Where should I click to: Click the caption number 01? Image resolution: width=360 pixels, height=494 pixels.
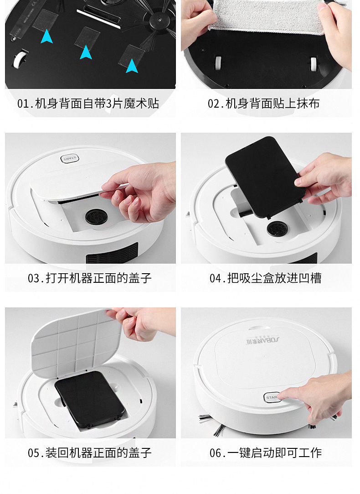click(x=23, y=104)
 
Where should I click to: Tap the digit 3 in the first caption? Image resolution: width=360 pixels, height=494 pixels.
click(x=108, y=104)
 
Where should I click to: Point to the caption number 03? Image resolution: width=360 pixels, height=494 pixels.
click(x=33, y=279)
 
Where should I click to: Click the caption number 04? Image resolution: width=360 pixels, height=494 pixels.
click(x=215, y=279)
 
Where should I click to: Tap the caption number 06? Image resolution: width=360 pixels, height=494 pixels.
click(x=215, y=453)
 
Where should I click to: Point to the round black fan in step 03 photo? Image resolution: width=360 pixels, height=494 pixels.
click(x=96, y=217)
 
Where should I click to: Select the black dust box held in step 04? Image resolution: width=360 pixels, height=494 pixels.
click(x=265, y=177)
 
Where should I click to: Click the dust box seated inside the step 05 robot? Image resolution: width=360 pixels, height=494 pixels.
click(x=90, y=399)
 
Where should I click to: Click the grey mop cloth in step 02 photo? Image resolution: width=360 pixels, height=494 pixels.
click(x=267, y=16)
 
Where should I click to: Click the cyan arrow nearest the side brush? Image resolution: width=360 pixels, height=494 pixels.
click(x=132, y=66)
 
